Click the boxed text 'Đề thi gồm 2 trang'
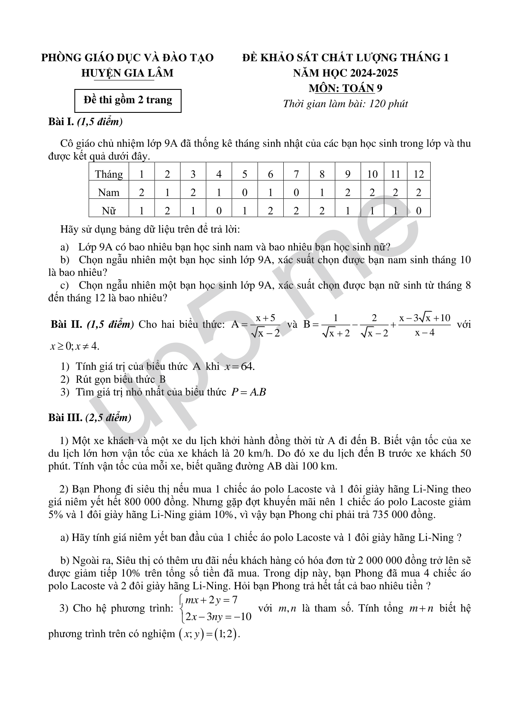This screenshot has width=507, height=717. (128, 100)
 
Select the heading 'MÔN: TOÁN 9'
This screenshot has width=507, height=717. (346, 88)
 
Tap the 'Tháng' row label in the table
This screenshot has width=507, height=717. (109, 174)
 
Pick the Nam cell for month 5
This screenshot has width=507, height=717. (245, 192)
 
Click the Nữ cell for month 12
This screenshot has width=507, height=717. (418, 210)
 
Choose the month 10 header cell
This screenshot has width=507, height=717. (372, 174)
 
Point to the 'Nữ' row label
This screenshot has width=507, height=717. (109, 210)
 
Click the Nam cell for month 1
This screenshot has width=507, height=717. (141, 192)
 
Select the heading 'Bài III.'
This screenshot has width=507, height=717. (65, 418)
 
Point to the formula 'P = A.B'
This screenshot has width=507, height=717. (248, 392)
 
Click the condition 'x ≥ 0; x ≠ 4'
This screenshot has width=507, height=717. (75, 346)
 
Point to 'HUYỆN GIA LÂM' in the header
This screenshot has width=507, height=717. (127, 73)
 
